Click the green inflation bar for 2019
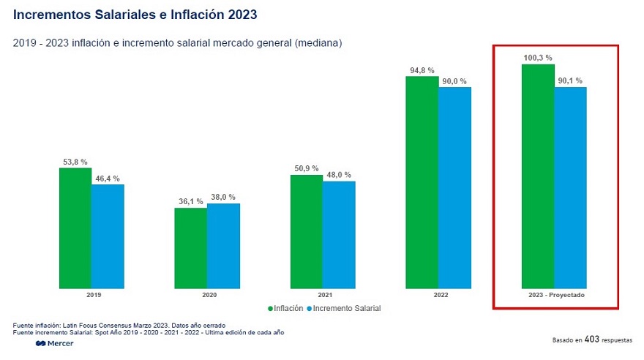coord(75,228)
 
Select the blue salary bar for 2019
coord(108,236)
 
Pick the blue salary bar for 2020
coord(223,245)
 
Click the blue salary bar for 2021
coord(339,234)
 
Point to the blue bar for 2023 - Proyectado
coord(570,187)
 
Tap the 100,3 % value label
coord(538,57)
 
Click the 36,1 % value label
coord(190,201)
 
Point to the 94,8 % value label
coord(422,70)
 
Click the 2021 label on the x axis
coord(323,295)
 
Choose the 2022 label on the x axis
coord(438,295)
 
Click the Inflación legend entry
coord(285,309)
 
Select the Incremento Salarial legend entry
coord(344,309)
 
